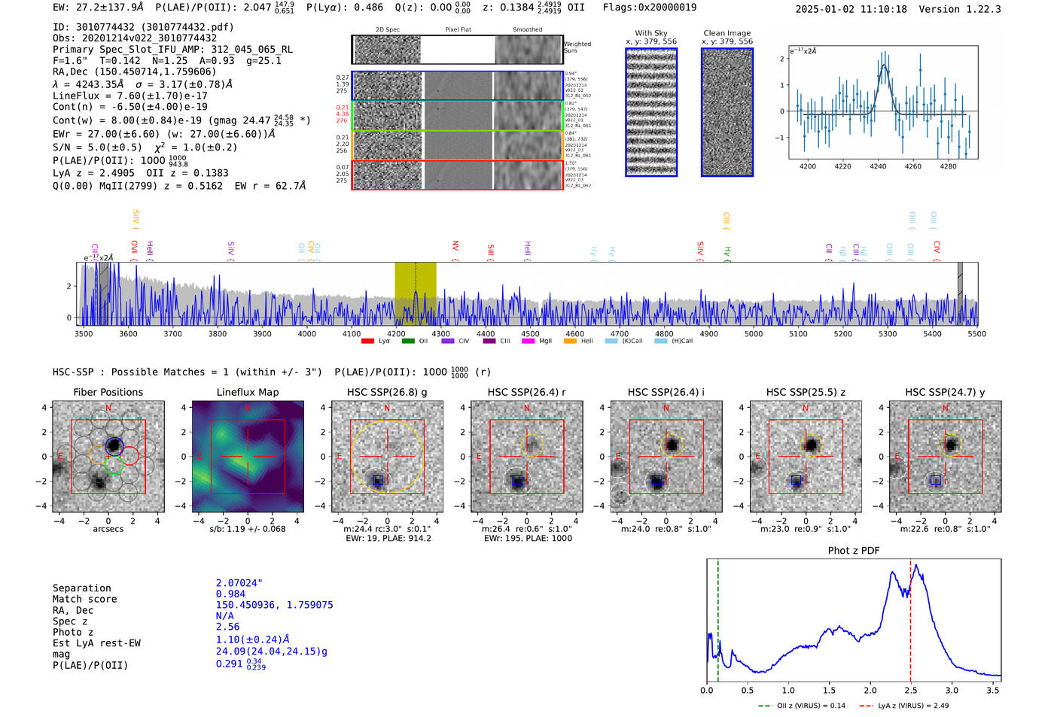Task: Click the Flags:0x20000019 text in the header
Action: click(649, 8)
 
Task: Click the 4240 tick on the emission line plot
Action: click(878, 166)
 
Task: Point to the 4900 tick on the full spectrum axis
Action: click(708, 333)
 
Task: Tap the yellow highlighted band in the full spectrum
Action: click(415, 293)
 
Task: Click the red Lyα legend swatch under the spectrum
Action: click(367, 342)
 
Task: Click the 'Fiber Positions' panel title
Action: click(108, 392)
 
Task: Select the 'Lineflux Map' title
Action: click(248, 392)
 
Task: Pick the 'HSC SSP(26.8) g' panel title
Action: click(387, 392)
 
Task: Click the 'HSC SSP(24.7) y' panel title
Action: click(945, 392)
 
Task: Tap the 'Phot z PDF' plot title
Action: click(854, 551)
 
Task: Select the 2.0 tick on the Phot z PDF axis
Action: click(870, 690)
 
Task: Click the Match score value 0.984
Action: click(230, 594)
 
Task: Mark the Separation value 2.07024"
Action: click(239, 583)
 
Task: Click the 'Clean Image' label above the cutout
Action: click(727, 33)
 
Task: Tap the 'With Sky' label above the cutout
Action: click(650, 33)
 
